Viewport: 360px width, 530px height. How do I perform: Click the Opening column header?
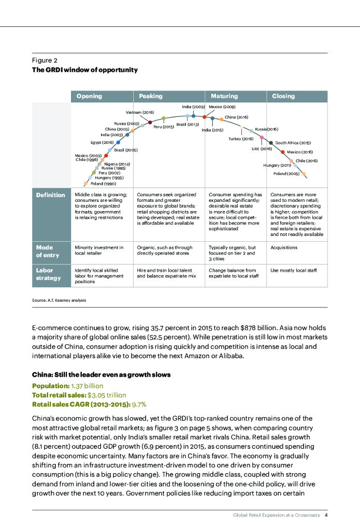tap(89, 96)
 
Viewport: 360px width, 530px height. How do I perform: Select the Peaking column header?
tap(151, 96)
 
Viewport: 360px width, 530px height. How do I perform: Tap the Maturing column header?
tap(224, 96)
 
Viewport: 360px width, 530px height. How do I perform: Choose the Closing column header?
tap(283, 96)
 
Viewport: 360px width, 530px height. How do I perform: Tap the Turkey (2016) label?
tap(241, 139)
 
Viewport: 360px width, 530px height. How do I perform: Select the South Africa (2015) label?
tap(293, 143)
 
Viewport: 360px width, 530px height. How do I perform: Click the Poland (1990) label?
tap(103, 184)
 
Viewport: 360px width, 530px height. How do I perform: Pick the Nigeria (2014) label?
tap(117, 164)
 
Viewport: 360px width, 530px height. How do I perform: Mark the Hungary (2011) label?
tap(277, 165)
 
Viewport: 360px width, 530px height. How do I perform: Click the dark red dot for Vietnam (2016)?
tap(150, 123)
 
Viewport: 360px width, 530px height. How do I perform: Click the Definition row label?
tap(50, 195)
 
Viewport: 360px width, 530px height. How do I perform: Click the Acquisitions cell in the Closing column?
tap(284, 247)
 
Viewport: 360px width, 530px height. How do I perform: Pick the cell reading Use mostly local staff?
tap(293, 271)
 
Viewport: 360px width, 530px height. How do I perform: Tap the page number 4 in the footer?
tap(326, 516)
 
